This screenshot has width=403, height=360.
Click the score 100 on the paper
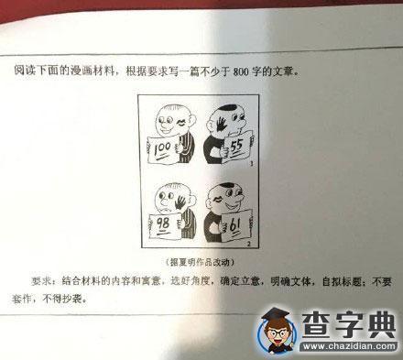point(162,149)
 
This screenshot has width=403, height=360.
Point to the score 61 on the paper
point(235,226)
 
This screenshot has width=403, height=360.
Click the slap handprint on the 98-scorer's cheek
point(180,202)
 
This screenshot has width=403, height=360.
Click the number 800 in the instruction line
point(242,71)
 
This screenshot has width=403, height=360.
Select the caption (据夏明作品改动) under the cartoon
point(200,262)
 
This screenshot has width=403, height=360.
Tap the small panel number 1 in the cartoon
point(252,164)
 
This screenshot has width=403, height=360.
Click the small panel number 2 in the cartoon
point(249,244)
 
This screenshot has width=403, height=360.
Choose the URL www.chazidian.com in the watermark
point(349,346)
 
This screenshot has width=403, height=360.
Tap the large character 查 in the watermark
point(317,325)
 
